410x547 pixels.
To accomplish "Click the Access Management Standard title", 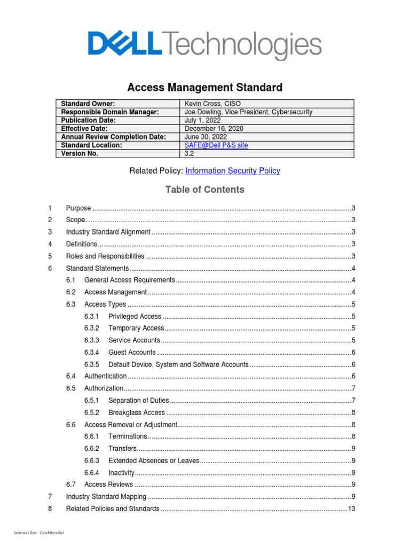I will click(x=204, y=87).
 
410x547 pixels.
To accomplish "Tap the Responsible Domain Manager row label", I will click(x=110, y=112).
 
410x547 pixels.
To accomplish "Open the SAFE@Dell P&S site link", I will click(x=216, y=145).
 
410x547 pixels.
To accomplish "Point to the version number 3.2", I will click(x=190, y=153).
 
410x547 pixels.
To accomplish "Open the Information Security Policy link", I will click(x=232, y=171).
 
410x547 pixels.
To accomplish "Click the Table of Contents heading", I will click(x=204, y=190).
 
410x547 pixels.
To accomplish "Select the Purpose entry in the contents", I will click(x=78, y=208).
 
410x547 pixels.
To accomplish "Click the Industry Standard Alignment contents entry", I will click(x=108, y=232).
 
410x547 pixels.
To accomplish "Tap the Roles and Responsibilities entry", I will click(x=105, y=256).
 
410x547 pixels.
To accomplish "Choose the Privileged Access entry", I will click(x=135, y=317).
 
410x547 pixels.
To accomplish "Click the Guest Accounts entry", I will click(x=132, y=353).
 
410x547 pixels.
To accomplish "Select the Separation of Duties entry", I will click(x=138, y=401).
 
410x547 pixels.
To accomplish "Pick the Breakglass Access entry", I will click(x=137, y=413).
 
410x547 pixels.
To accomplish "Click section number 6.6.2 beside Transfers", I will click(x=92, y=449).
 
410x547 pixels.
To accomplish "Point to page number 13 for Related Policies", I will click(x=351, y=509).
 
